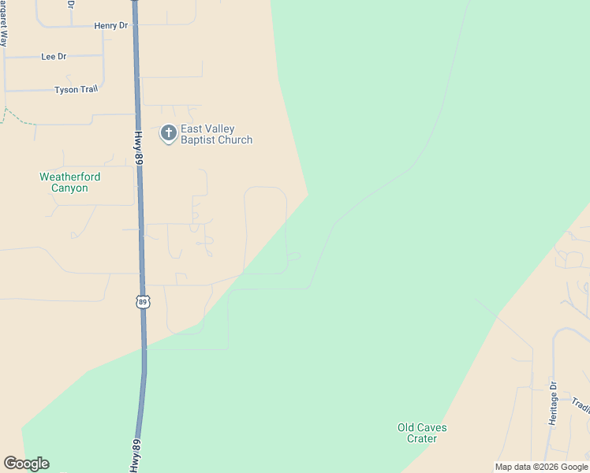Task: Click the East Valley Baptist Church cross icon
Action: [x=168, y=133]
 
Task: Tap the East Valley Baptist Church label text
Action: [x=217, y=135]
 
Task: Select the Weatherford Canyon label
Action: [x=70, y=183]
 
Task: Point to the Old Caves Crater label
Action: [x=422, y=433]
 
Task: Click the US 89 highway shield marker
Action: [x=143, y=302]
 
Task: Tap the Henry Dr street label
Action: [x=110, y=26]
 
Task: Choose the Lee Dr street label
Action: [x=54, y=57]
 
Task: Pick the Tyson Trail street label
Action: [x=77, y=90]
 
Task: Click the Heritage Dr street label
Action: [x=554, y=406]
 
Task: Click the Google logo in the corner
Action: [x=26, y=464]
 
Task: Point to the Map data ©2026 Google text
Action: [x=541, y=467]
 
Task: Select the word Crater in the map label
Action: [x=422, y=438]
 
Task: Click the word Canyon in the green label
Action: [x=70, y=188]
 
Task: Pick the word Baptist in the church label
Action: [x=198, y=140]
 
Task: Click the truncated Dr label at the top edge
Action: [x=71, y=4]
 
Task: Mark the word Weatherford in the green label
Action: [x=70, y=177]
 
